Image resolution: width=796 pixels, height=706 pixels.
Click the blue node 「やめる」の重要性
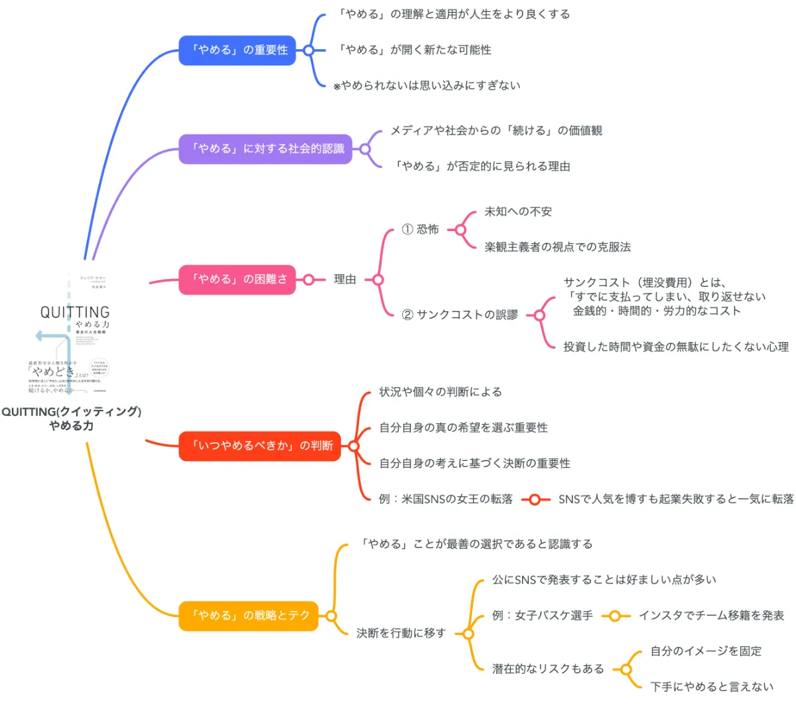point(237,50)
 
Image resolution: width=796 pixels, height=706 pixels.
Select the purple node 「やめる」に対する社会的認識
point(265,149)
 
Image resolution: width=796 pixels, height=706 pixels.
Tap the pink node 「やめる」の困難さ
point(237,280)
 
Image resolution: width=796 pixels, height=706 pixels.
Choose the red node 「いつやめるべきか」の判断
point(260,446)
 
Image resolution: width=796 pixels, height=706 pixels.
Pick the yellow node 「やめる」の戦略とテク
point(249,616)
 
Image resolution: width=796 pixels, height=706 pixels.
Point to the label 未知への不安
point(518,212)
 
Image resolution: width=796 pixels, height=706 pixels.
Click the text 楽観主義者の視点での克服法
point(557,247)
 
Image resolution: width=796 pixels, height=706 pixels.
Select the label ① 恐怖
point(421,230)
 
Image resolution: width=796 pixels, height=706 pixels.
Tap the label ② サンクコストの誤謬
point(460,315)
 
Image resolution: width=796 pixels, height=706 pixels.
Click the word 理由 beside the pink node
point(345,280)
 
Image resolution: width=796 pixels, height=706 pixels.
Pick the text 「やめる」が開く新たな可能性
point(414,50)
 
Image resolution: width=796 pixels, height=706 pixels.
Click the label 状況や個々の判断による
point(440,392)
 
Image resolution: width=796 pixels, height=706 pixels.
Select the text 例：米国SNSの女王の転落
point(446,499)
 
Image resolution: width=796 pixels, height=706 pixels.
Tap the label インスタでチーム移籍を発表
point(711,616)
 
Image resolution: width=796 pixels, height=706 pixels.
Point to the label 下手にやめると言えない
point(712,687)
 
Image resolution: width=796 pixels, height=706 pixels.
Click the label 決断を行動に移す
point(401,634)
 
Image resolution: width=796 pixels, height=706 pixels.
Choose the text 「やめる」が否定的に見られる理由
point(481,167)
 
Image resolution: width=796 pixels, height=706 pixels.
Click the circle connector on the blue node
point(308,50)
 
